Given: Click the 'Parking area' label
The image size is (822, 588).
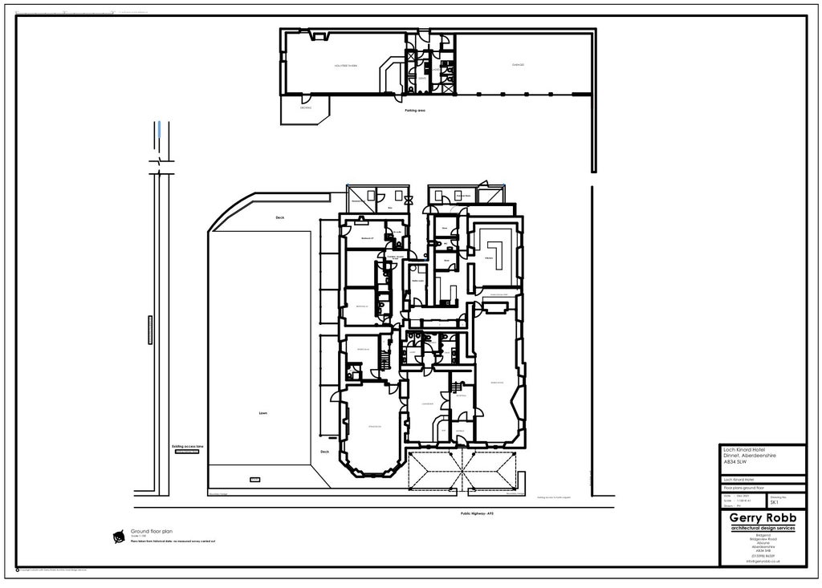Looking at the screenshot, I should [415, 111].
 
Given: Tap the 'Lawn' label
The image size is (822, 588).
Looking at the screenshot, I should [262, 414].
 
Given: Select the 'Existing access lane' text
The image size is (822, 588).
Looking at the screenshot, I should [188, 447].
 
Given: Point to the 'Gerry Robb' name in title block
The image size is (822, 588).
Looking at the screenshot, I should [763, 518].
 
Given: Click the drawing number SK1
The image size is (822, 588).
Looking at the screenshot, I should [773, 502].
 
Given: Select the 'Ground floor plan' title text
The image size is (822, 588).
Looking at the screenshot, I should [152, 532].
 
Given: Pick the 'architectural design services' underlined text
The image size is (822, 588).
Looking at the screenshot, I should [763, 529].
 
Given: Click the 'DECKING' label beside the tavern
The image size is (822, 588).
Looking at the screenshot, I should [305, 107].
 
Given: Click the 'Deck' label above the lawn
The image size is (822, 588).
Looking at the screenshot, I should [280, 217].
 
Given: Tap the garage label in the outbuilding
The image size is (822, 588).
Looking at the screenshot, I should [519, 65].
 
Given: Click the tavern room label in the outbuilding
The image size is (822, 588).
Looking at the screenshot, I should [346, 65].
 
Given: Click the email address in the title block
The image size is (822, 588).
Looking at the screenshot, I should [762, 561].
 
